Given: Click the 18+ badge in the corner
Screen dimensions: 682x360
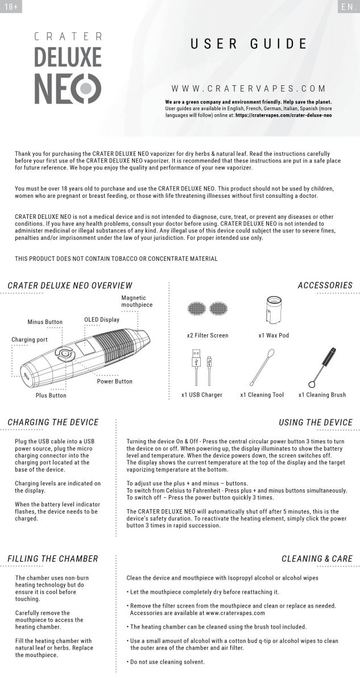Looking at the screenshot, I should pyautogui.click(x=10, y=7).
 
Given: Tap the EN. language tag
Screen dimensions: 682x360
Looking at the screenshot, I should pyautogui.click(x=347, y=7).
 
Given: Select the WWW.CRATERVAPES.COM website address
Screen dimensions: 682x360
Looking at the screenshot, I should pyautogui.click(x=249, y=89).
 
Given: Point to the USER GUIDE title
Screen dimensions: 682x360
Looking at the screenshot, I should pyautogui.click(x=249, y=44).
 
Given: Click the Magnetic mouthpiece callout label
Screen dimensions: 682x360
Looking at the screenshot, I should pyautogui.click(x=137, y=301).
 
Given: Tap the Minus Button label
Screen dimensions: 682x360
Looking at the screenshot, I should pyautogui.click(x=45, y=322).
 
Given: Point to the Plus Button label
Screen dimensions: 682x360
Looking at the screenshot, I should pyautogui.click(x=51, y=395).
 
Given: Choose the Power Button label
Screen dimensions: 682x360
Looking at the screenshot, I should pyautogui.click(x=114, y=381).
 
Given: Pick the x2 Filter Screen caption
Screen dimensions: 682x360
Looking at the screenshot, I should pyautogui.click(x=208, y=335).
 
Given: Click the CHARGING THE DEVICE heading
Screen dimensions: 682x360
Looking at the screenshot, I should pyautogui.click(x=53, y=422).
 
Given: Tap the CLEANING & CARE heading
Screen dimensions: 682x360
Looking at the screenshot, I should pyautogui.click(x=317, y=559).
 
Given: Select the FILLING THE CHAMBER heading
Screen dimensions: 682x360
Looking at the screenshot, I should pyautogui.click(x=53, y=559).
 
